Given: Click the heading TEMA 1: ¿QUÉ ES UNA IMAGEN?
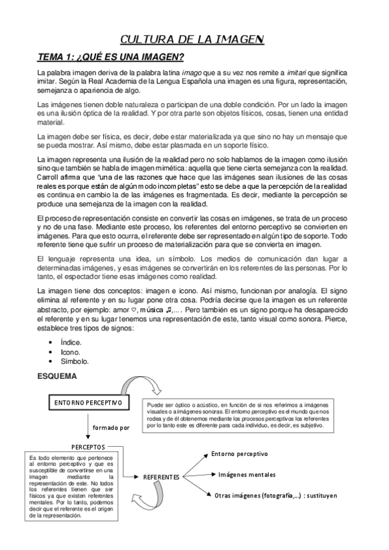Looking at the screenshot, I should click(111, 57).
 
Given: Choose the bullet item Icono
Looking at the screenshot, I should click(69, 352).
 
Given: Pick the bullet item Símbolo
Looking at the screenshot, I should click(74, 361).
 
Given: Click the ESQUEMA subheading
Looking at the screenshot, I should click(57, 376).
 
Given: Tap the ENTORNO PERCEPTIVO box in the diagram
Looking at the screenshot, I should click(88, 403).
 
